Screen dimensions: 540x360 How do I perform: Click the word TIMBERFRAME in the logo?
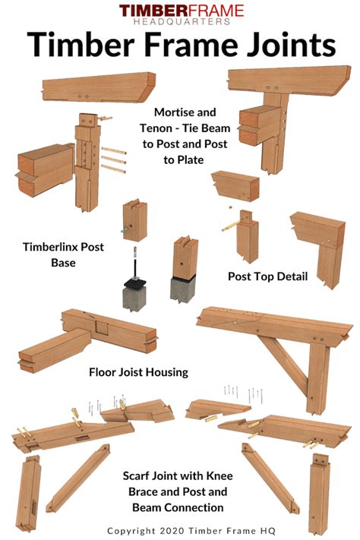(181, 11)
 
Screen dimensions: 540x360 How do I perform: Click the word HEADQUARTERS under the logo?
(181, 22)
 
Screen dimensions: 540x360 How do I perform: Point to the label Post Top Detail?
(267, 276)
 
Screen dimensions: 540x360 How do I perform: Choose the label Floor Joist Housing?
(138, 372)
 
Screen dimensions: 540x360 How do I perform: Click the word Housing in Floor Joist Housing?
(166, 372)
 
